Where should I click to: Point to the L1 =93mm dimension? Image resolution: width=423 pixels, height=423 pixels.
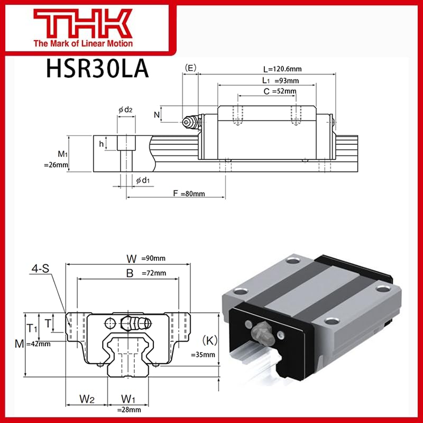pyautogui.click(x=281, y=80)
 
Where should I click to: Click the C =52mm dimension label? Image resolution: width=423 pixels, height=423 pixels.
pyautogui.click(x=280, y=91)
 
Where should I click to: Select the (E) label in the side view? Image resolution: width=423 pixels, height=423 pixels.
pyautogui.click(x=190, y=67)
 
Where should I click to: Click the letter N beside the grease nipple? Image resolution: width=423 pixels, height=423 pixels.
pyautogui.click(x=157, y=114)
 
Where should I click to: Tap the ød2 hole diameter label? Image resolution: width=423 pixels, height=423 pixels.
pyautogui.click(x=125, y=109)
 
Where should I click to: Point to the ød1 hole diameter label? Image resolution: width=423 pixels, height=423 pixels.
pyautogui.click(x=143, y=181)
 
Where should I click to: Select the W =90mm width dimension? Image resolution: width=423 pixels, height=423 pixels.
pyautogui.click(x=145, y=258)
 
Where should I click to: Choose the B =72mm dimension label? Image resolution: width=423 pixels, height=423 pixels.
pyautogui.click(x=145, y=273)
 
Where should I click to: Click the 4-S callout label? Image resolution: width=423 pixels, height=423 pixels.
pyautogui.click(x=40, y=269)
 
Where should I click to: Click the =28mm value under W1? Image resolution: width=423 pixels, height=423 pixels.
pyautogui.click(x=129, y=409)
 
